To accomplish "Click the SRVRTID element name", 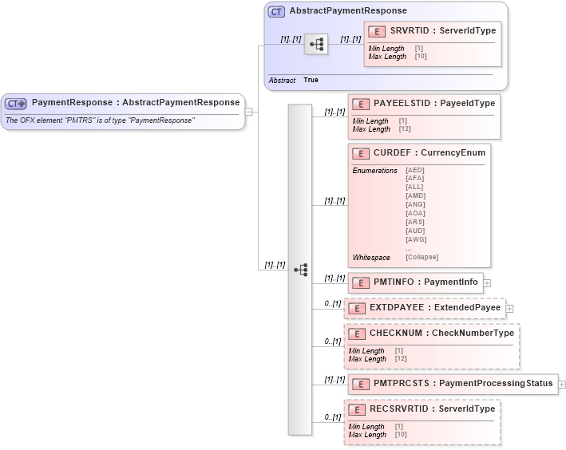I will point(412,31).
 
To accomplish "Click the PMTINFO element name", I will point(396,282).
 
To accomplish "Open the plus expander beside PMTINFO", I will point(487,282).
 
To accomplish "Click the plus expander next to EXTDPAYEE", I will point(509,308).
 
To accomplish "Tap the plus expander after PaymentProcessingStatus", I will point(562,385).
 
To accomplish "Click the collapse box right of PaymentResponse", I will point(249,111).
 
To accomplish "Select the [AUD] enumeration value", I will point(415,230).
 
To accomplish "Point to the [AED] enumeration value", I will point(415,170).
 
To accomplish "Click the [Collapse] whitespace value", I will point(422,257).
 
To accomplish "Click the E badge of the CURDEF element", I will point(361,152).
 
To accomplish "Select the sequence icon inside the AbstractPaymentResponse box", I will point(315,46).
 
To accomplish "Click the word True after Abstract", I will point(311,81).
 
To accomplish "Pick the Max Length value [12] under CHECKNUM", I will point(399,359).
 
